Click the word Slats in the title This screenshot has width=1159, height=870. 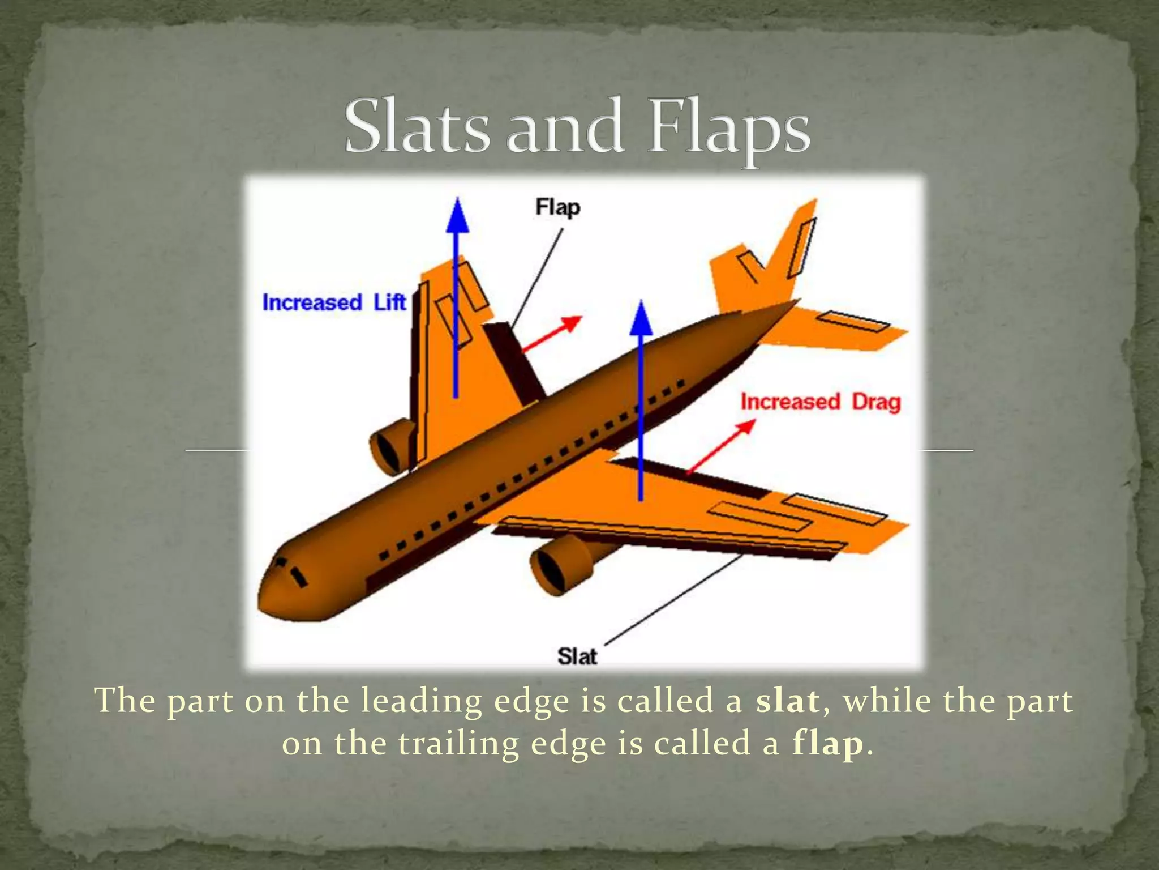416,127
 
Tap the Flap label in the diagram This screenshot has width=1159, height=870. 557,207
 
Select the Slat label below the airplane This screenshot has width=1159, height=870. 577,656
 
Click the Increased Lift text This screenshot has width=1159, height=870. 334,302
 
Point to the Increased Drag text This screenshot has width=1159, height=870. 820,402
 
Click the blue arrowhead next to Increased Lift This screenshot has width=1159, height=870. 457,216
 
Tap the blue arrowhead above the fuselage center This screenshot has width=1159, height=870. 641,320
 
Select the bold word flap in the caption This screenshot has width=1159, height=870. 827,744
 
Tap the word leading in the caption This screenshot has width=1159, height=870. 421,701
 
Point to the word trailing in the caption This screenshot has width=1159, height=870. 458,744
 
